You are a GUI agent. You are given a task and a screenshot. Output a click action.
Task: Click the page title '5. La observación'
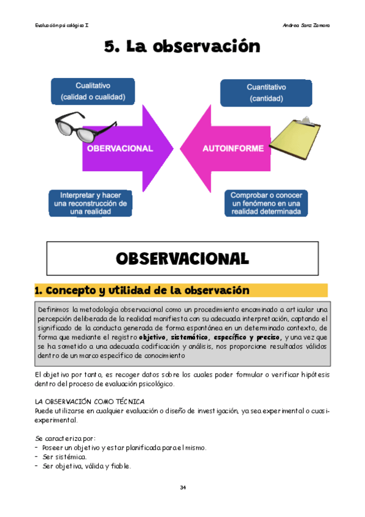(x=182, y=47)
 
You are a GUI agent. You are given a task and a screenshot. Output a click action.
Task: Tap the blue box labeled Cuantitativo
(x=266, y=92)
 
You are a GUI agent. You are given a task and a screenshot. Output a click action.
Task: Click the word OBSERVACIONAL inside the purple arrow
(x=119, y=148)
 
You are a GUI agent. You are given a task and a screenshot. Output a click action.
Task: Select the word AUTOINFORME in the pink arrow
(x=233, y=148)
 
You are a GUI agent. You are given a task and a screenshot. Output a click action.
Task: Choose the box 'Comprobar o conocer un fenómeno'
(x=266, y=203)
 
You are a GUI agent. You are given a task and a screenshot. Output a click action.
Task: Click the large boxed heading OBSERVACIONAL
(x=182, y=258)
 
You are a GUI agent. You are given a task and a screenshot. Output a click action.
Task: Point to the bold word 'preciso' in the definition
(x=268, y=337)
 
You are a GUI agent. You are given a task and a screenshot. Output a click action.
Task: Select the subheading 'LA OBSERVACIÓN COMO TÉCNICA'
(x=90, y=402)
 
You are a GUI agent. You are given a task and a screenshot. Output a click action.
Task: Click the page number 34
(x=182, y=487)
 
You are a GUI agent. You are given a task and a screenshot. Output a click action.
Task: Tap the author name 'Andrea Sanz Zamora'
(x=307, y=25)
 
